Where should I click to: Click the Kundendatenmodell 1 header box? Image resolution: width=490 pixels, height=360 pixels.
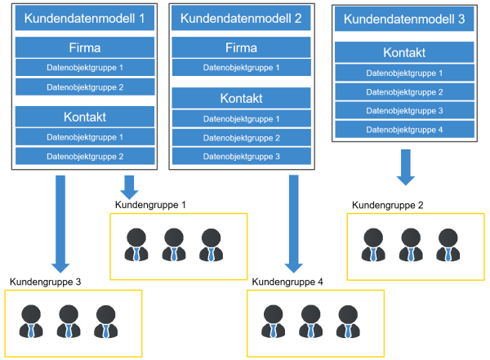click(85, 18)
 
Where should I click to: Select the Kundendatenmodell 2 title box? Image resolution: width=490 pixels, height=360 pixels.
click(241, 18)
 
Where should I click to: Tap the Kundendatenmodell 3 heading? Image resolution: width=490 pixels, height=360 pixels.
click(404, 19)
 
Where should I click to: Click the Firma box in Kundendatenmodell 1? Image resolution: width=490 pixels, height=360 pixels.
click(85, 47)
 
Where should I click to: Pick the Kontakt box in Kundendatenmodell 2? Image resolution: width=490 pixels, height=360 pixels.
click(241, 98)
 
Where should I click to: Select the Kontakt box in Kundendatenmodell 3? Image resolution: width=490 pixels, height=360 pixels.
click(404, 52)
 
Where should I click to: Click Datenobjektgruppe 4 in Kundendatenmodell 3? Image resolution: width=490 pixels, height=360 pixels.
click(404, 130)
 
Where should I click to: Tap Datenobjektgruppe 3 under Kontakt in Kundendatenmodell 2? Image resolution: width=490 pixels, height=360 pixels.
click(241, 156)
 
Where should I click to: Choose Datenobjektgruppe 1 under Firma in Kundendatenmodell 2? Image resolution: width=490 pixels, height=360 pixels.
click(241, 68)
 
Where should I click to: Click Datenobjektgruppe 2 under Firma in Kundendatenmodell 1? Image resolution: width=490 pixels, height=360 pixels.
click(85, 87)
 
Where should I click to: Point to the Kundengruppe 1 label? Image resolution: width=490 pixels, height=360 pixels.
click(150, 205)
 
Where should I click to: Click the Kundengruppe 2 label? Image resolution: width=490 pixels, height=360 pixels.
click(387, 206)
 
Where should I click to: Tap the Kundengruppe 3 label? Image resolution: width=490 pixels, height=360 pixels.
click(45, 282)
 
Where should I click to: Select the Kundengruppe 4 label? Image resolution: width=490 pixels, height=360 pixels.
click(287, 282)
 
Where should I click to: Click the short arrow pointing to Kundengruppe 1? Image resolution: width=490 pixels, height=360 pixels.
click(129, 187)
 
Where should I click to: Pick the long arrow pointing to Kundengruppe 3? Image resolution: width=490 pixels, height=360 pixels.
click(60, 224)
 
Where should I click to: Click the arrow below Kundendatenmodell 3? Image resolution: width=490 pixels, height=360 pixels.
click(406, 167)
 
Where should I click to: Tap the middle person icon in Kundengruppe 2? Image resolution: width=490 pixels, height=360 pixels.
click(411, 245)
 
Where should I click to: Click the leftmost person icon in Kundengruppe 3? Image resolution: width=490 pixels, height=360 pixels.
click(31, 322)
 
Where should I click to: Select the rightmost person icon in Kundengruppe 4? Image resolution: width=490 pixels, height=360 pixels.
click(348, 322)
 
